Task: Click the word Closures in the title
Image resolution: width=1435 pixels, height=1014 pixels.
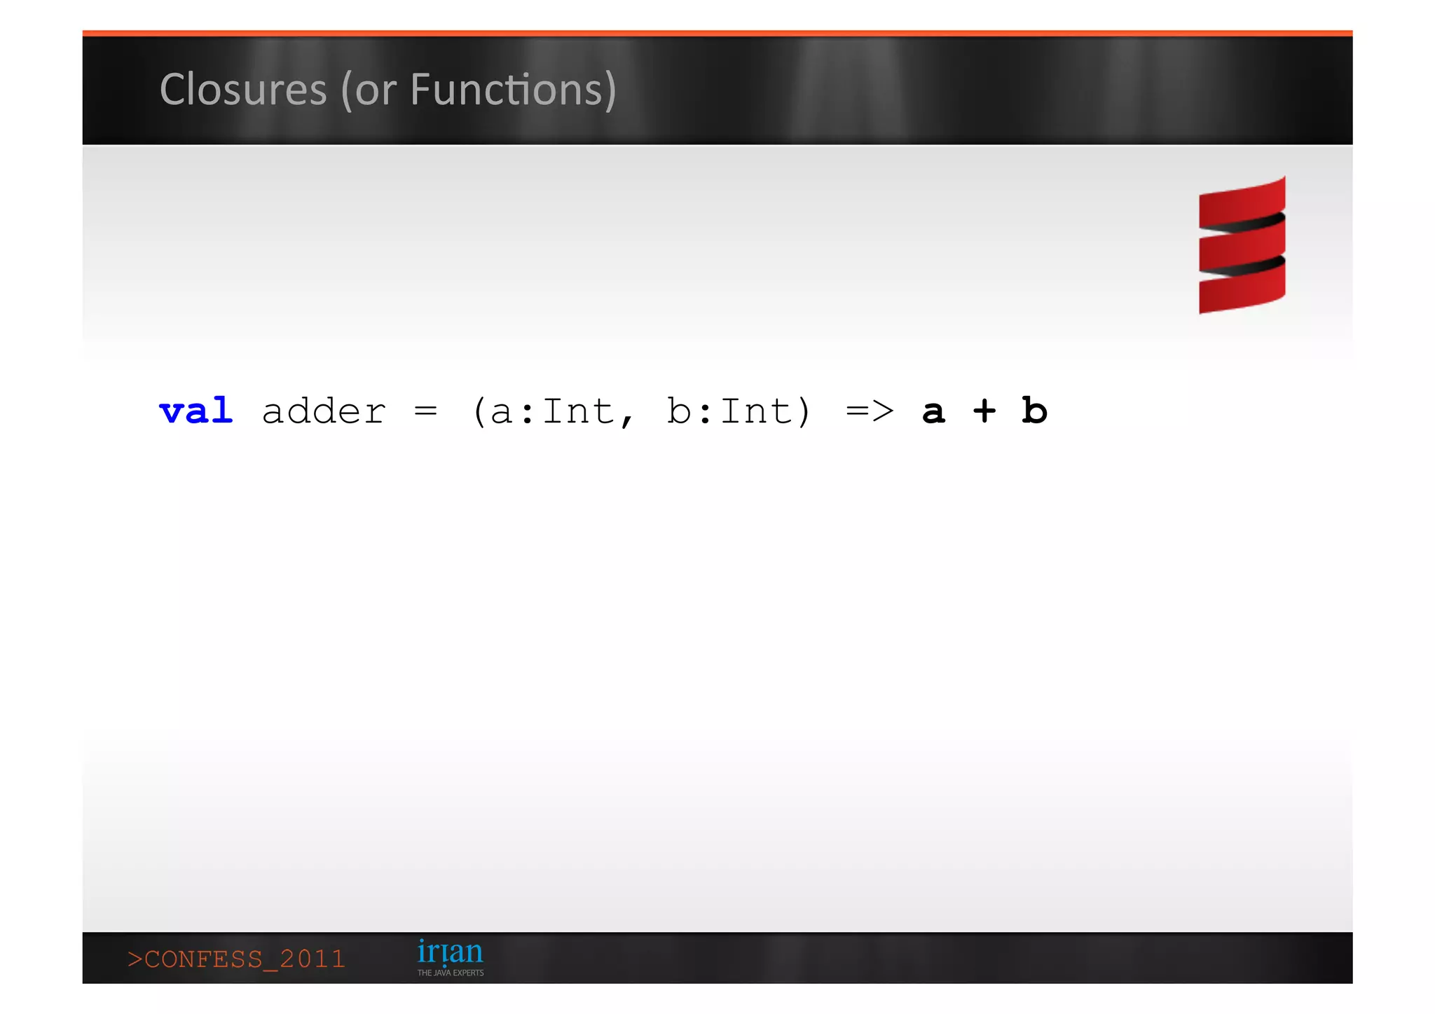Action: tap(243, 90)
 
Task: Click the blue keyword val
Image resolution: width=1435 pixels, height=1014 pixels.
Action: tap(196, 411)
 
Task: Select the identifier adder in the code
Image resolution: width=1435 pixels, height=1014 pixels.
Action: tap(324, 411)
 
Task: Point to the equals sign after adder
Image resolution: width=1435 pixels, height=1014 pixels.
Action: tap(425, 411)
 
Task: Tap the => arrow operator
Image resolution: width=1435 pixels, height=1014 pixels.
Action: tap(870, 411)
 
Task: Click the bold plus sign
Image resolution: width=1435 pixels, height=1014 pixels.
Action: tap(984, 411)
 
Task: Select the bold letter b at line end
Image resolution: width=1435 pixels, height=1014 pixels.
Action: tap(1034, 411)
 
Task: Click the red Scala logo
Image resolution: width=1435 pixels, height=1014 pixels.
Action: tap(1242, 245)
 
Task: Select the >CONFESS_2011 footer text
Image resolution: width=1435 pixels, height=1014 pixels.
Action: tap(237, 959)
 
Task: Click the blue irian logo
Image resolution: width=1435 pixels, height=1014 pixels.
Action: tap(450, 952)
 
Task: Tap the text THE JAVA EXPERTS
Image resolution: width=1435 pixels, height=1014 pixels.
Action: tap(451, 973)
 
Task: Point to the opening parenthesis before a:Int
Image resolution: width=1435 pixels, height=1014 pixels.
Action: tap(479, 412)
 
